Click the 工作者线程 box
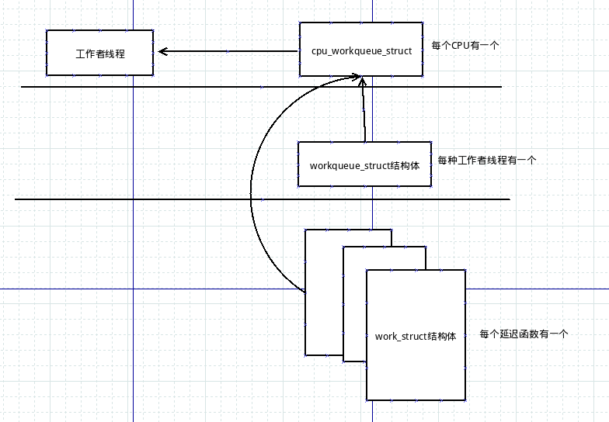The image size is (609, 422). click(x=99, y=53)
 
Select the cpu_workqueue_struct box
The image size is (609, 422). click(x=361, y=50)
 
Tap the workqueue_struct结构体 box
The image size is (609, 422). click(x=364, y=164)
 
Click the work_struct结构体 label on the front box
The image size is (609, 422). click(x=416, y=337)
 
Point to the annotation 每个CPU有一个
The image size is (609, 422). click(x=465, y=46)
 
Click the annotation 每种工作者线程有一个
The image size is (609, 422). click(x=487, y=161)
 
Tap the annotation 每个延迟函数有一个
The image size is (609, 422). click(x=524, y=334)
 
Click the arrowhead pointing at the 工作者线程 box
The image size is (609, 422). click(x=163, y=52)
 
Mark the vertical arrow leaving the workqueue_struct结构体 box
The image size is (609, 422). click(x=364, y=112)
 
